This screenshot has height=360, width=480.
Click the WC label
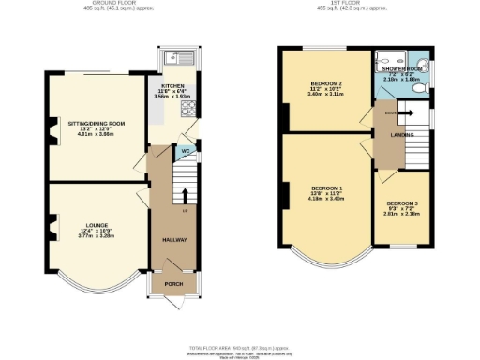(x=186, y=150)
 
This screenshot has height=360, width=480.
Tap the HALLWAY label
(x=174, y=240)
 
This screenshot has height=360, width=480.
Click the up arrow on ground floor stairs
(x=185, y=197)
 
